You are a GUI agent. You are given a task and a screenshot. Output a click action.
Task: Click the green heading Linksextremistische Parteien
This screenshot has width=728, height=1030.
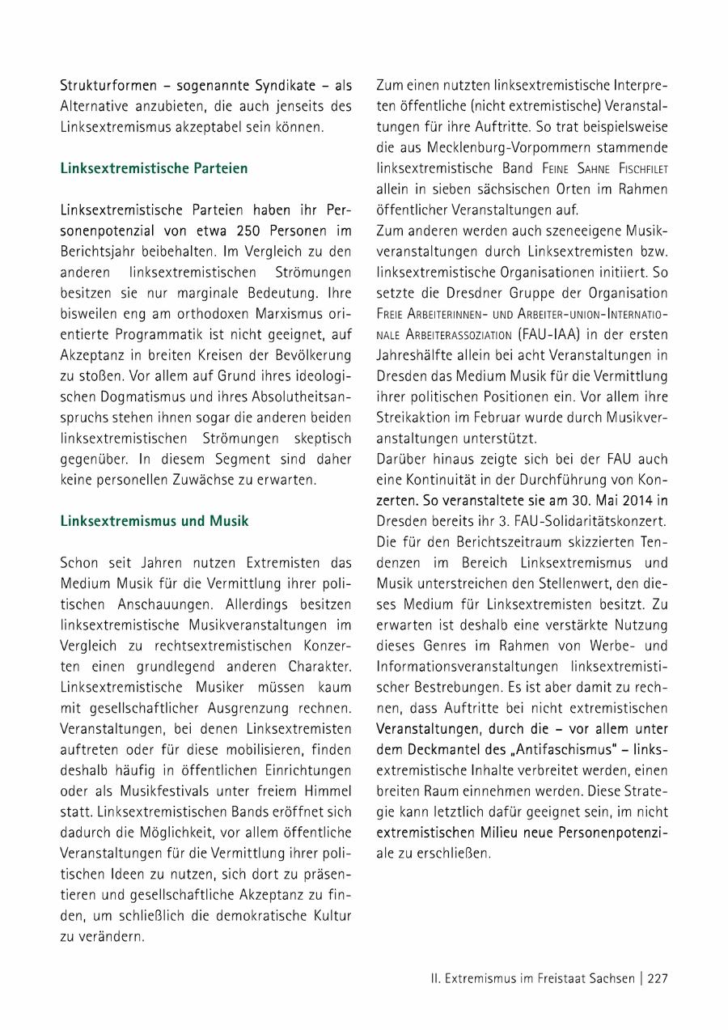click(154, 168)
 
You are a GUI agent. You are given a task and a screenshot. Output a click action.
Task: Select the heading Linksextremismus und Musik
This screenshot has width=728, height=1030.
click(154, 521)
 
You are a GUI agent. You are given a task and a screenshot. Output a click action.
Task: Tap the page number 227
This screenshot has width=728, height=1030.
click(657, 978)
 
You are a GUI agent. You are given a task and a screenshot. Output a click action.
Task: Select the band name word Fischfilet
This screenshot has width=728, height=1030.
click(636, 168)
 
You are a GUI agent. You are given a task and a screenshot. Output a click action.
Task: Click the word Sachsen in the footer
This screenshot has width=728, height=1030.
click(607, 978)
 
